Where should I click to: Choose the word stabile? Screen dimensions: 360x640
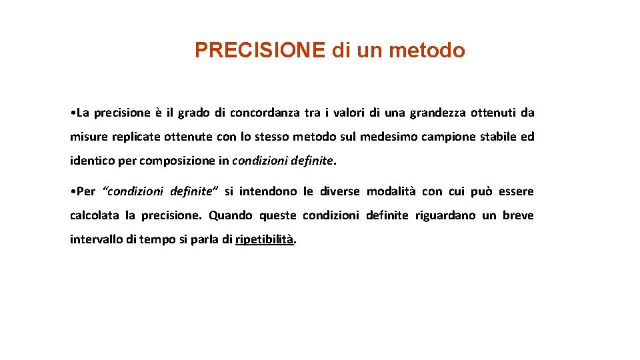point(497,137)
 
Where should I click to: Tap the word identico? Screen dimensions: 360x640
point(92,161)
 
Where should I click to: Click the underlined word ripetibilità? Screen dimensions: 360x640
point(265,239)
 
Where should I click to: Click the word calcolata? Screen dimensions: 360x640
point(95,215)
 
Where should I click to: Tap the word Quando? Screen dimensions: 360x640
point(231,215)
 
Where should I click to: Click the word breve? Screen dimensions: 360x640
point(518,215)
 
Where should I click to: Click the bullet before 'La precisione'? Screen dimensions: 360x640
point(72,113)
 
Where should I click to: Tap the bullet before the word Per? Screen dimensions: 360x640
point(72,192)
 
